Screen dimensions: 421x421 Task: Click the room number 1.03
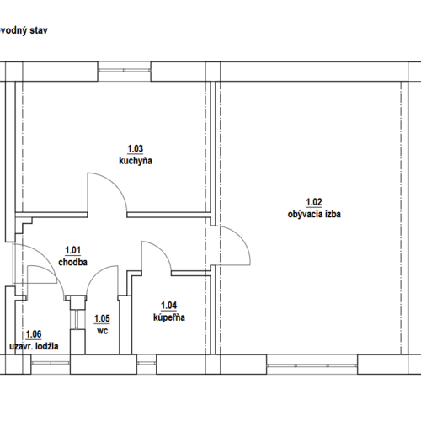tap(136, 148)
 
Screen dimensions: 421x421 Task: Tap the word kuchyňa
tap(136, 161)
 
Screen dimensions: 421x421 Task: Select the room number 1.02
tap(314, 202)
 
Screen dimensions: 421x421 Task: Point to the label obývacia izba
tap(314, 215)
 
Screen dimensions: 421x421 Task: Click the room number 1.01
tap(72, 250)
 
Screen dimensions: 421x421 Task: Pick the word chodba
tap(72, 262)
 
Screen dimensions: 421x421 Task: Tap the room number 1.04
tap(168, 306)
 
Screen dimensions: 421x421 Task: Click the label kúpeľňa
tap(169, 317)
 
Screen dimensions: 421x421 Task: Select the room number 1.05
tap(102, 319)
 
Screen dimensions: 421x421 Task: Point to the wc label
tap(103, 331)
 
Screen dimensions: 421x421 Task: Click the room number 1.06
tap(34, 334)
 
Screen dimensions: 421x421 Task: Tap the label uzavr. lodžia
tap(34, 346)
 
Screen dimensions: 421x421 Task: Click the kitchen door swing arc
tap(115, 184)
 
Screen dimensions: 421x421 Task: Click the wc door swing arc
tap(95, 274)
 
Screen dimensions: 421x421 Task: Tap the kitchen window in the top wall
tap(125, 71)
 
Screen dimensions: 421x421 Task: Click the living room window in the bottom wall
tap(312, 365)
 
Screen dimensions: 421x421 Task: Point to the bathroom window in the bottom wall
tap(147, 364)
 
